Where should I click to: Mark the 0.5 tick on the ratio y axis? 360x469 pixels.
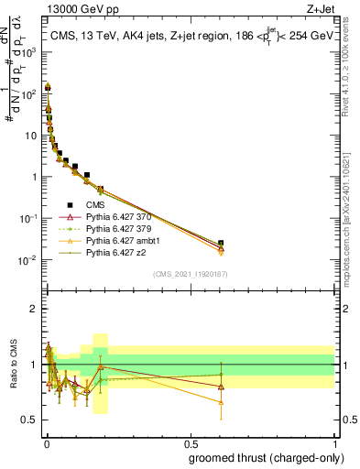click(30, 420)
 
